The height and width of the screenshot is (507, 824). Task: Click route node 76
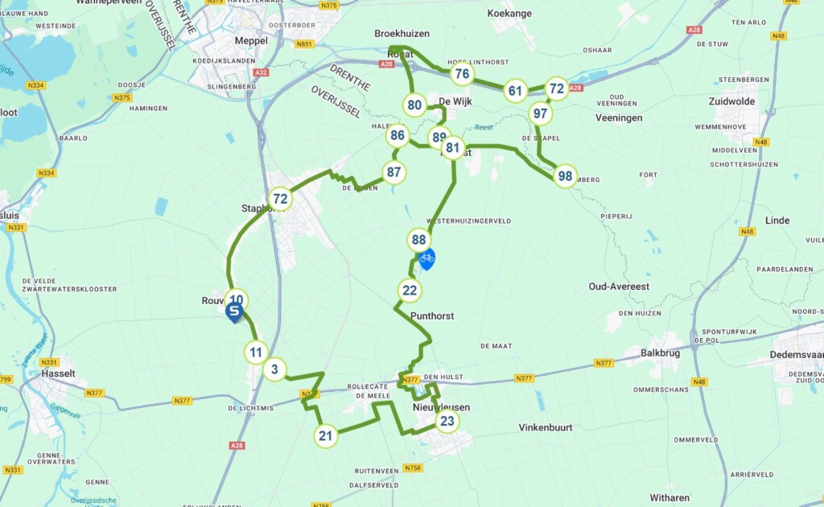[462, 75]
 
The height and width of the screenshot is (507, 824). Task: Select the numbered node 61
[516, 91]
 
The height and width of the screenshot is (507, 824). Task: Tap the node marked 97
[541, 113]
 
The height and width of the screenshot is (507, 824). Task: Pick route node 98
[566, 176]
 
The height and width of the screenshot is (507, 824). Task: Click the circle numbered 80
[415, 105]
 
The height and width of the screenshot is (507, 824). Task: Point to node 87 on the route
[393, 171]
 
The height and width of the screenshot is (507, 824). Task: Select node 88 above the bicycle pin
[418, 239]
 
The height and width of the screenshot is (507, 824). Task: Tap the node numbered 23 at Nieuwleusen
[447, 421]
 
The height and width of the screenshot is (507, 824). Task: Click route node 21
[325, 436]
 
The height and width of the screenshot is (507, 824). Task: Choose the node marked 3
[275, 370]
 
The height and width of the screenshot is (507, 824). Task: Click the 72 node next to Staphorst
[280, 199]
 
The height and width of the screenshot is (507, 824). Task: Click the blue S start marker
[234, 311]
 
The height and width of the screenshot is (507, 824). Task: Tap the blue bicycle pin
[426, 258]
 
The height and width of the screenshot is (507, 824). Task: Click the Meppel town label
[250, 41]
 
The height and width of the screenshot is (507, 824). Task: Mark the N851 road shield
[305, 44]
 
